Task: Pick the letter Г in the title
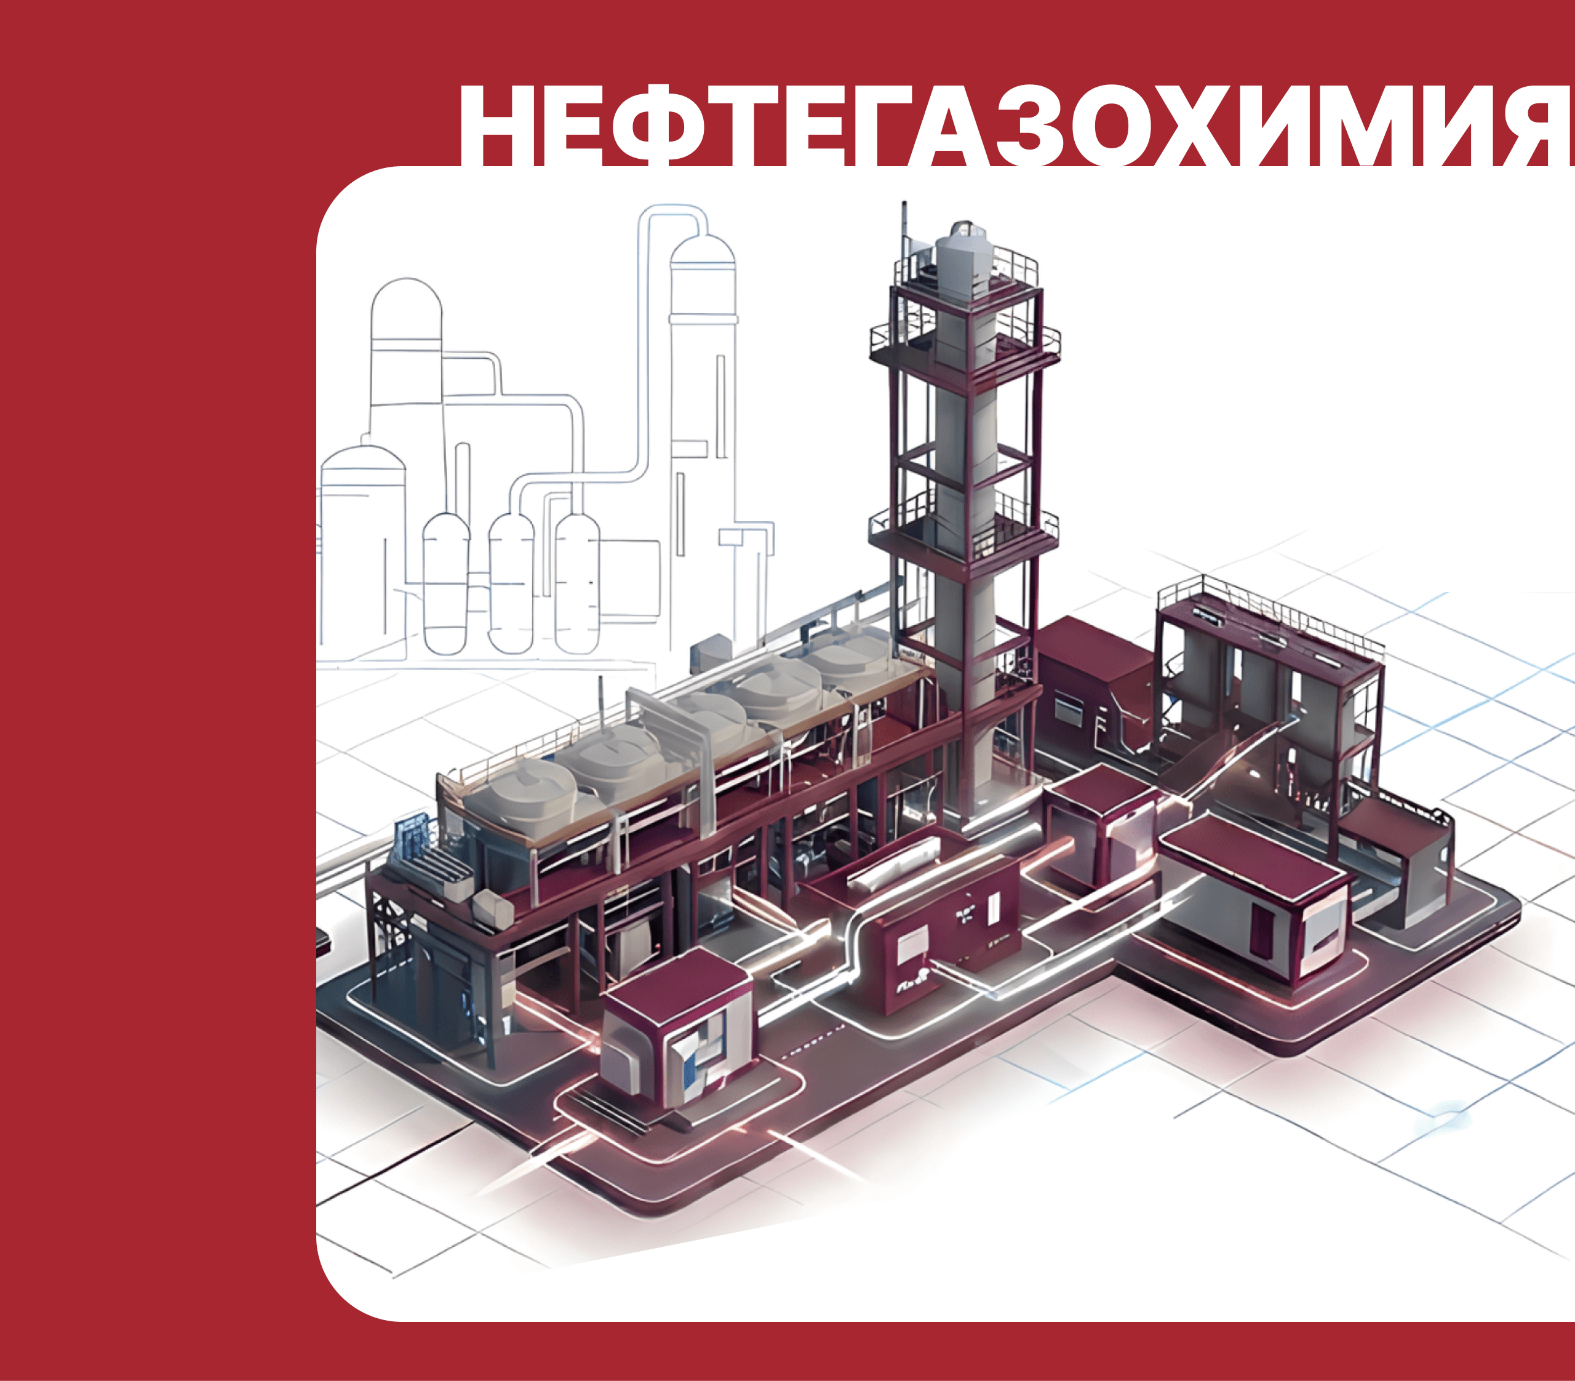pos(875,125)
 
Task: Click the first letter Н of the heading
pos(493,125)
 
